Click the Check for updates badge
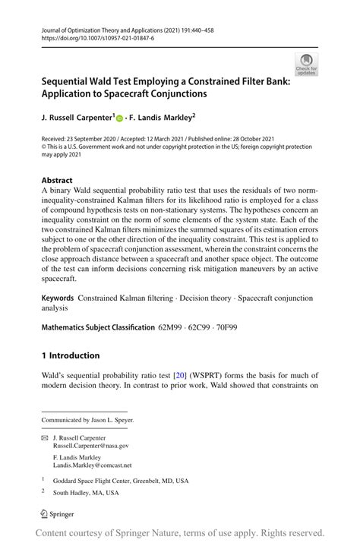pos(306,65)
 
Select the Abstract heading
pos(58,181)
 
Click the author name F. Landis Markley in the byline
pos(161,118)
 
